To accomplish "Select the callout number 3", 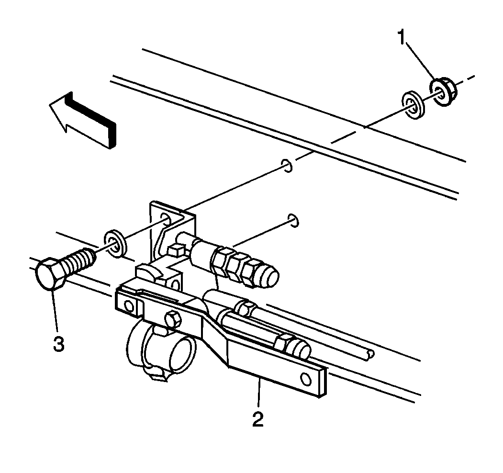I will pos(58,344).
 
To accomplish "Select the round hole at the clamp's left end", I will pos(128,306).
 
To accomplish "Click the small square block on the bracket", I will pos(175,248).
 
